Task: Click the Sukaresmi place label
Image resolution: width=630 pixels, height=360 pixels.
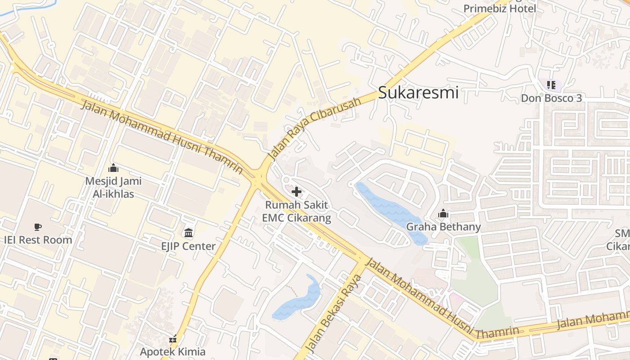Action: pos(418,93)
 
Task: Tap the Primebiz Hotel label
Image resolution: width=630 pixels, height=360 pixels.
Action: pos(499,9)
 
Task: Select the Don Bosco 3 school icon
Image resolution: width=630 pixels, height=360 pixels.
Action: pos(551,85)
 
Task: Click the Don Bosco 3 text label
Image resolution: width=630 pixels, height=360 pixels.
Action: pos(551,98)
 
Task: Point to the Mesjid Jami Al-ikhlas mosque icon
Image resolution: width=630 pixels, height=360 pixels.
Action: pos(113,168)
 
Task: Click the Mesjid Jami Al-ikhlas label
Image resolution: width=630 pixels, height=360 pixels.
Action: pos(113,188)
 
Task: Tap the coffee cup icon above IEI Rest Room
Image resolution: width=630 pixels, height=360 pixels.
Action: pos(38,227)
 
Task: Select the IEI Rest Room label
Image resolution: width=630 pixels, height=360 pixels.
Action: pos(38,240)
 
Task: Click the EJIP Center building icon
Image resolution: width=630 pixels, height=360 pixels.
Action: pos(189,233)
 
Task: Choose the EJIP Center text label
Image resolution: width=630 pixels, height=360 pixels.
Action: pos(189,246)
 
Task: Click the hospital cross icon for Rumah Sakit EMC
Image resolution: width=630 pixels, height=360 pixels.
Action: pos(297,192)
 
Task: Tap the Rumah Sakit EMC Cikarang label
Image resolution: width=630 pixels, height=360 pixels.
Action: pos(297,211)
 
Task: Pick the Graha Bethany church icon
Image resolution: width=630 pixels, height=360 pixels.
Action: pos(443,213)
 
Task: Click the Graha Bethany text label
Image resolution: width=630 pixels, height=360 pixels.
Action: pos(443,227)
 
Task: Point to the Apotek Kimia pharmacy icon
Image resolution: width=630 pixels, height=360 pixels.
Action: pos(173,339)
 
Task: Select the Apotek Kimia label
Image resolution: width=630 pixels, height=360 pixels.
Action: pos(173,351)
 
